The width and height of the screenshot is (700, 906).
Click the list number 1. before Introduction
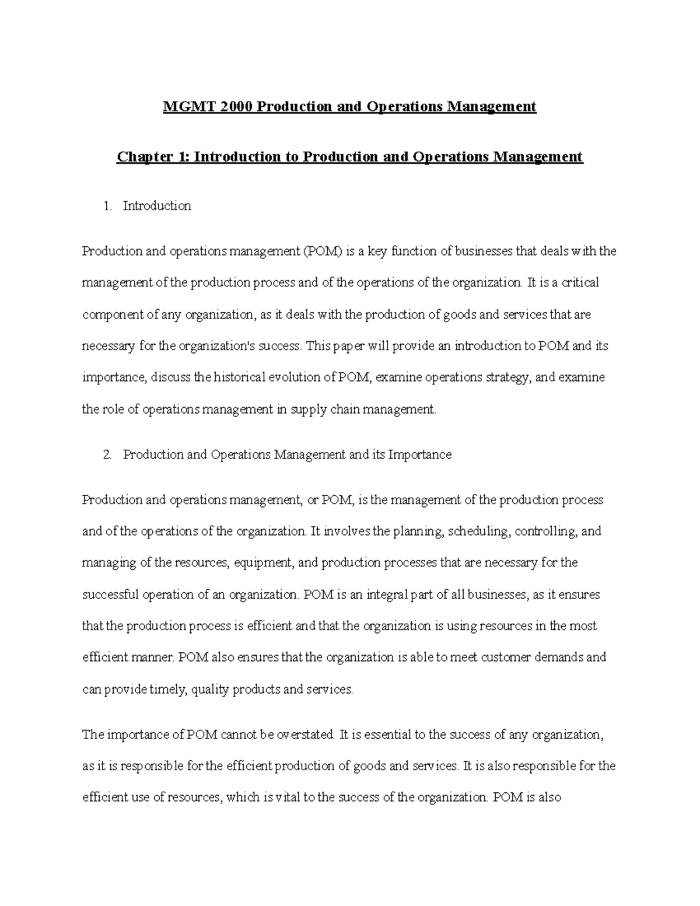point(106,206)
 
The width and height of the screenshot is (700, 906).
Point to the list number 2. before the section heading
point(106,455)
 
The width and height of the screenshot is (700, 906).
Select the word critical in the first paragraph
point(579,283)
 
